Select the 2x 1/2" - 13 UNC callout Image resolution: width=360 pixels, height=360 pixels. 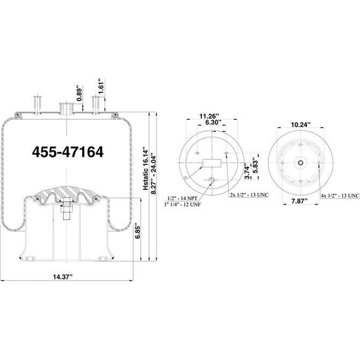tap(249, 194)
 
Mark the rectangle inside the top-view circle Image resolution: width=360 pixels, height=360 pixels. tap(211, 163)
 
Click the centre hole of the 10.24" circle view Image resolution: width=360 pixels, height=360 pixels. tap(301, 163)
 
